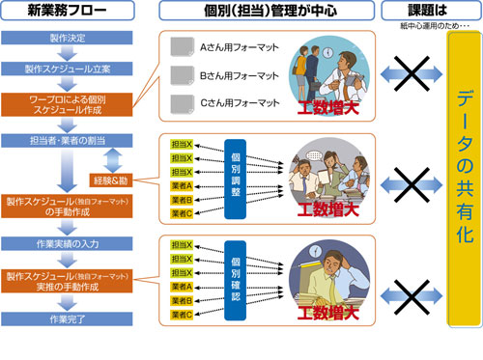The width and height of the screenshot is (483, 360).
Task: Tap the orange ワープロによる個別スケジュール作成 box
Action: (x=68, y=103)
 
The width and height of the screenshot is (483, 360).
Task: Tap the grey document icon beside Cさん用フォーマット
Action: (x=180, y=103)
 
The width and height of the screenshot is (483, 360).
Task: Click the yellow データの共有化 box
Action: (x=453, y=183)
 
